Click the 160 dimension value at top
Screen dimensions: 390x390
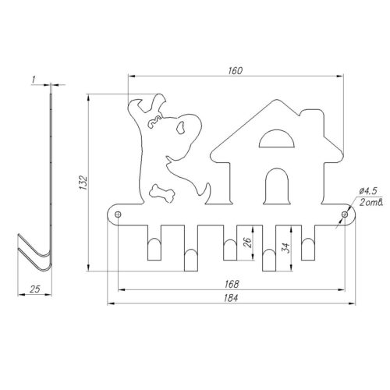pyautogui.click(x=236, y=71)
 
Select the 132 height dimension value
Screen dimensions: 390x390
pyautogui.click(x=83, y=183)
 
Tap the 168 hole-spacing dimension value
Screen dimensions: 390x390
pyautogui.click(x=232, y=284)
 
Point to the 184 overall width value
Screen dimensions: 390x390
pyautogui.click(x=231, y=298)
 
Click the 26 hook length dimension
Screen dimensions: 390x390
pyautogui.click(x=248, y=242)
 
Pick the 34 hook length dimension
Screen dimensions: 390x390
pyautogui.click(x=285, y=248)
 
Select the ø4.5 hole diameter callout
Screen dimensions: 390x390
pyautogui.click(x=368, y=192)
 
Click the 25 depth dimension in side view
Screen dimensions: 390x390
pyautogui.click(x=35, y=289)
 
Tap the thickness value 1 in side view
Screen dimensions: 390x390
pyautogui.click(x=34, y=80)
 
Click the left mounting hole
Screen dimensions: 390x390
pyautogui.click(x=118, y=214)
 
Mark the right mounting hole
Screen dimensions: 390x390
pyautogui.click(x=345, y=214)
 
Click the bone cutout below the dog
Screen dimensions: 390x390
pyautogui.click(x=161, y=193)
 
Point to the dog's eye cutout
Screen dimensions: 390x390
pyautogui.click(x=181, y=128)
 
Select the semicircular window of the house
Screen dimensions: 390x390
pyautogui.click(x=277, y=139)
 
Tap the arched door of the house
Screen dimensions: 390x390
pyautogui.click(x=276, y=186)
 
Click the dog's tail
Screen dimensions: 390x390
pyautogui.click(x=207, y=193)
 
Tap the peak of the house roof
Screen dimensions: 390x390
pyautogui.click(x=277, y=100)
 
